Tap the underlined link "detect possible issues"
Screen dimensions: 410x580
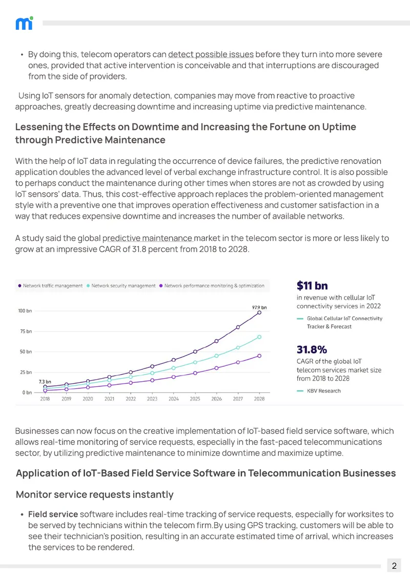pos(211,54)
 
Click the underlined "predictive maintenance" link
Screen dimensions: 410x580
pos(147,238)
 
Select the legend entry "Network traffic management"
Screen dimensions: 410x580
pos(50,286)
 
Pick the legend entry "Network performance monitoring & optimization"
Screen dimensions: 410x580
pos(212,286)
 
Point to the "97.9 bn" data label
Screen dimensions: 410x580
pos(259,307)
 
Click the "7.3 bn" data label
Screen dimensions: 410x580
pos(45,381)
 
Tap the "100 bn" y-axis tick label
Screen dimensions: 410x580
pos(25,310)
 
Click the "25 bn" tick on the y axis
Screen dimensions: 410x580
pos(26,372)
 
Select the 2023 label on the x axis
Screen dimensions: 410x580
pos(152,399)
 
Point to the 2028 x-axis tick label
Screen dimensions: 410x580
pos(259,399)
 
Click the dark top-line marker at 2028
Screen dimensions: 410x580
pos(259,313)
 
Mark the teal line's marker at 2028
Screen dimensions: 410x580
pos(259,337)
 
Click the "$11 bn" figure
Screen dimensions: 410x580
pos(312,285)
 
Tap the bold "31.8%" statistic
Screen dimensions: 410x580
pos(312,349)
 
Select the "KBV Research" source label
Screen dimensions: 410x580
pos(324,390)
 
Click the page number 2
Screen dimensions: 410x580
pos(394,566)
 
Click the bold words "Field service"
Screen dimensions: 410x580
pos(53,514)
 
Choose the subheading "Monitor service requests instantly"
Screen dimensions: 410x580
pos(95,494)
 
